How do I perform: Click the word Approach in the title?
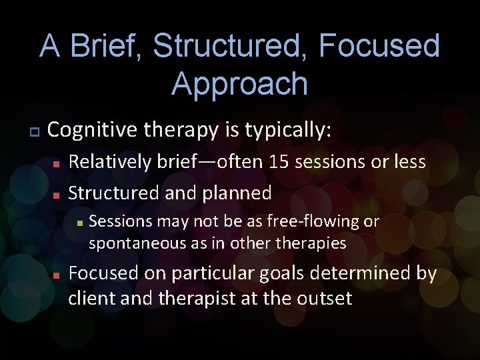[239, 84]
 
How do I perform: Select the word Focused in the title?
[379, 47]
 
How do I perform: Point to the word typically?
[288, 131]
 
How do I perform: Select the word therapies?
[315, 243]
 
